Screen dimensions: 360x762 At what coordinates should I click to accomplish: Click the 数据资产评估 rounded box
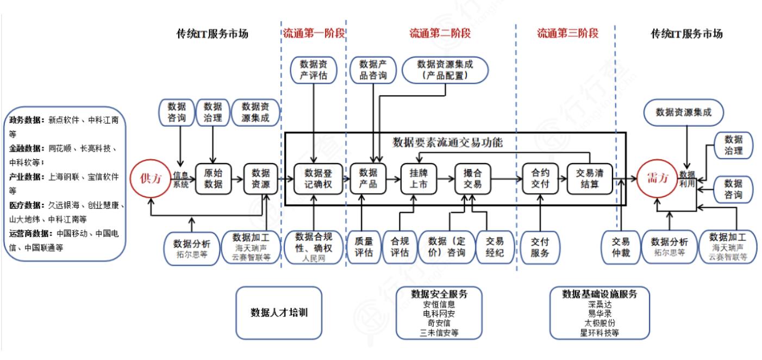click(314, 70)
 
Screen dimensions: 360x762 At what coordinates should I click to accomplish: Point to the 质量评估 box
click(364, 247)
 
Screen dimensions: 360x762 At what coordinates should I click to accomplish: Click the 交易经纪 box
click(494, 247)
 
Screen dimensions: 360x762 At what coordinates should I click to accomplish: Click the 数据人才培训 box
click(279, 313)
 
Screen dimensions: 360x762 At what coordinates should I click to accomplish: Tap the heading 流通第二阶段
click(440, 34)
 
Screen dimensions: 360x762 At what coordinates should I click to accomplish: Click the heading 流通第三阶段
click(567, 34)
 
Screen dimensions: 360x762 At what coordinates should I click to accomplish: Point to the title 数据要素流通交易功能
click(447, 143)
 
